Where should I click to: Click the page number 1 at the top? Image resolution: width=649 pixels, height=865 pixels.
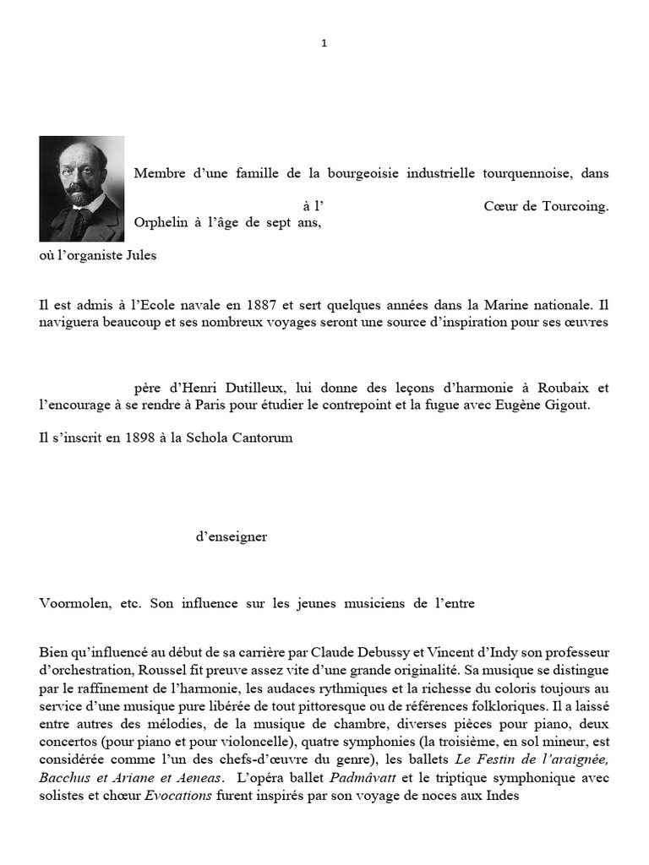[x=324, y=44]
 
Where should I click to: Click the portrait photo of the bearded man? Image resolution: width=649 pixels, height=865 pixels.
[x=81, y=188]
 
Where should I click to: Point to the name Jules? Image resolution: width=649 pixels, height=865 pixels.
[x=141, y=255]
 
